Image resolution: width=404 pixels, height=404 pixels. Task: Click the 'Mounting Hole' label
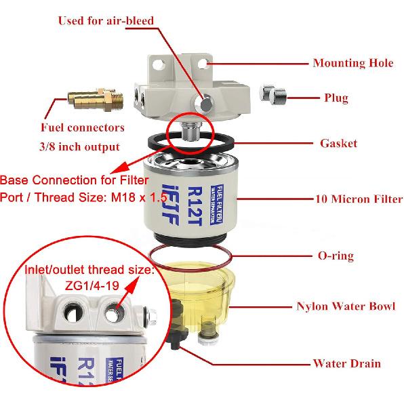(x=352, y=63)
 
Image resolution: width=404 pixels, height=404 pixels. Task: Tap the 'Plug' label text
(x=336, y=98)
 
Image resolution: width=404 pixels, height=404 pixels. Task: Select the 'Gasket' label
(x=338, y=144)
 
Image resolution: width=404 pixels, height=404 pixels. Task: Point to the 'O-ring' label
(x=336, y=256)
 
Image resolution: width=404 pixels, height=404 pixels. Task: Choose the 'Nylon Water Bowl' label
(x=346, y=306)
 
